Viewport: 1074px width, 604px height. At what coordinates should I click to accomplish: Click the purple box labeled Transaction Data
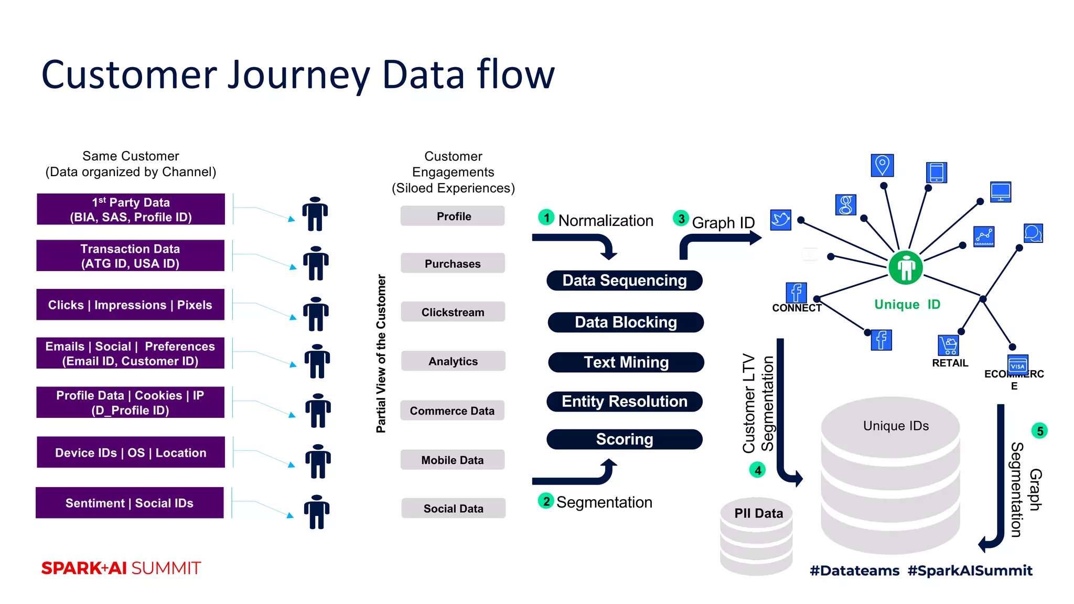(130, 256)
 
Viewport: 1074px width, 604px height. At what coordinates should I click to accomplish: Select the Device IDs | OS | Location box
(131, 452)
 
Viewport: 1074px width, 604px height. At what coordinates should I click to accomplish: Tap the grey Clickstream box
(453, 312)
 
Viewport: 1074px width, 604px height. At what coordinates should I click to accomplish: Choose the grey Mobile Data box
(452, 460)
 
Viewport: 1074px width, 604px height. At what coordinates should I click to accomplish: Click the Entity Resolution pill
(624, 402)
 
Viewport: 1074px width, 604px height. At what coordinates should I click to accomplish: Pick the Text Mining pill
(626, 362)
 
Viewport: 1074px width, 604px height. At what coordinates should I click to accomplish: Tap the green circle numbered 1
(546, 218)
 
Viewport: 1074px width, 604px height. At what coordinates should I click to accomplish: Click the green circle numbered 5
(1039, 431)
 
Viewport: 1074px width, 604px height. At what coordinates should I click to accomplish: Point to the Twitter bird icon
(780, 220)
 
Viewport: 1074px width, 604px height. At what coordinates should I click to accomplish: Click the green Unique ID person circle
(906, 268)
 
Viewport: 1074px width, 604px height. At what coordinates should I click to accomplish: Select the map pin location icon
(882, 166)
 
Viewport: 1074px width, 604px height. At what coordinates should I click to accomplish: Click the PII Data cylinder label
(758, 513)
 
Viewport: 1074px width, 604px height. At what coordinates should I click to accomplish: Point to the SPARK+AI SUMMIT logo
(121, 568)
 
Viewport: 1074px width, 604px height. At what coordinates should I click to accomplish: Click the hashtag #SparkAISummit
(970, 570)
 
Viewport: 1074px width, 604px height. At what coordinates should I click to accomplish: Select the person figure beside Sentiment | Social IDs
(317, 512)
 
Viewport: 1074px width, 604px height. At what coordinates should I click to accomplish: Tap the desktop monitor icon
(1000, 192)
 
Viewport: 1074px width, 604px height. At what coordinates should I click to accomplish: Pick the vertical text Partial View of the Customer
(381, 353)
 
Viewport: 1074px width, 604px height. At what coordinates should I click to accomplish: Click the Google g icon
(845, 205)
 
